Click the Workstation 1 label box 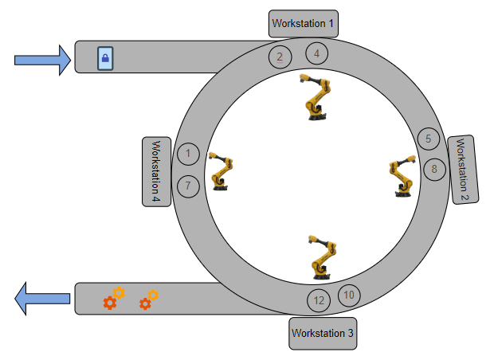[x=304, y=24]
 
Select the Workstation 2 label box [x=463, y=170]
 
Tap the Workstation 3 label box [x=323, y=334]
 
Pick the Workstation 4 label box [x=157, y=172]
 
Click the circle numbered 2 [x=280, y=57]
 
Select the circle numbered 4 [x=316, y=53]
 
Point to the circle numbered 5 [x=429, y=139]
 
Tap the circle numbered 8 [x=434, y=170]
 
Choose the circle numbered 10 [x=349, y=295]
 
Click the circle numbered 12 [x=319, y=300]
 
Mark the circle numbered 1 [x=188, y=154]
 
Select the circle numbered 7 [x=188, y=186]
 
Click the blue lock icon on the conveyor [x=105, y=58]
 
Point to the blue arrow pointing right [x=42, y=61]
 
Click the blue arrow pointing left [x=42, y=299]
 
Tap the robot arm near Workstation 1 [x=316, y=97]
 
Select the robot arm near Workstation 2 [x=402, y=176]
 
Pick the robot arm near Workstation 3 [x=323, y=257]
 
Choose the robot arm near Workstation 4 [x=221, y=171]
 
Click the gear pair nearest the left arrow [x=114, y=298]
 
